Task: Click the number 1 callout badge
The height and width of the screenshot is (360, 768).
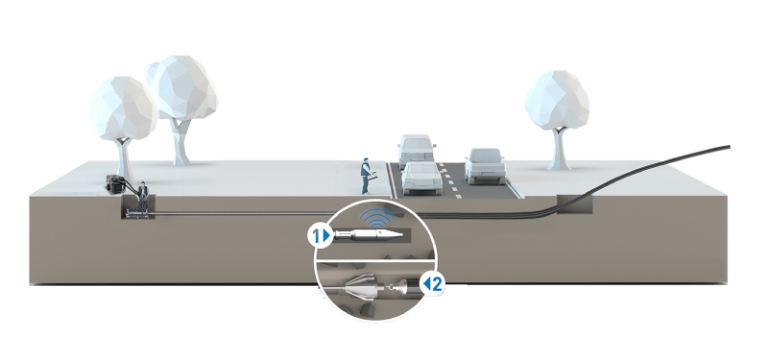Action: [x=319, y=236]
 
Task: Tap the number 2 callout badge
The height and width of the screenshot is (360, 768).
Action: [x=434, y=283]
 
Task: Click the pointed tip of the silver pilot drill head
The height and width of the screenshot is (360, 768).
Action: [x=402, y=235]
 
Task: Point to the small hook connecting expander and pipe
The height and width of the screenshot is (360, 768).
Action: [x=391, y=289]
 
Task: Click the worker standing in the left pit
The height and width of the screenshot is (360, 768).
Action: [x=142, y=197]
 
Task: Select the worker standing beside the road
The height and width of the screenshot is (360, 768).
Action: [x=366, y=176]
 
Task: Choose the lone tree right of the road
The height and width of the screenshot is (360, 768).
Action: [x=558, y=119]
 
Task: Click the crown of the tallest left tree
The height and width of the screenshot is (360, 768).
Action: [x=182, y=87]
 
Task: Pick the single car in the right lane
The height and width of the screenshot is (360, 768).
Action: [x=485, y=166]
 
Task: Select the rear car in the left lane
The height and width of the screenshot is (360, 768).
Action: [x=416, y=150]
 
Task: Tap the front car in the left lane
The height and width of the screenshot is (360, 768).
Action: [x=421, y=179]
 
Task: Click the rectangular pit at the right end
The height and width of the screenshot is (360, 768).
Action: [x=574, y=204]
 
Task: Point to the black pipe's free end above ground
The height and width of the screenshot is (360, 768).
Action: [x=729, y=147]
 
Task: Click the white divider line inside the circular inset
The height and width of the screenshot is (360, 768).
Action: [x=373, y=260]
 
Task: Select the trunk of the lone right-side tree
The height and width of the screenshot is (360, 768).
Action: [x=559, y=149]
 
